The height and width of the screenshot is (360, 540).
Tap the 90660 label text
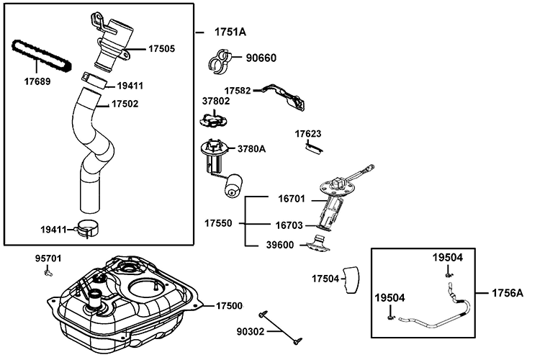[x=262, y=58]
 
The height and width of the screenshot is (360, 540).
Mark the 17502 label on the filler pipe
[x=125, y=104]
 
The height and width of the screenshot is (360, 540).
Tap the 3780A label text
[x=252, y=149]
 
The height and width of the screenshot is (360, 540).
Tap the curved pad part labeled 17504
[x=351, y=278]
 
